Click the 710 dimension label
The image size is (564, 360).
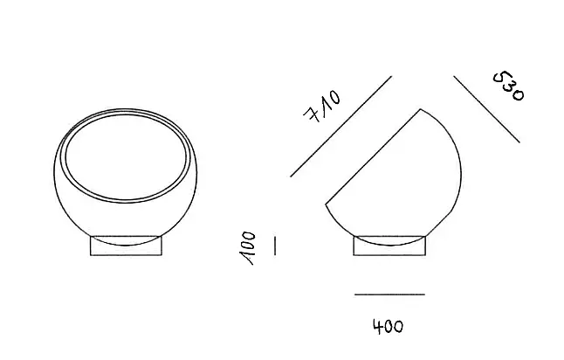(322, 107)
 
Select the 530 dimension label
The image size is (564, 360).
(509, 87)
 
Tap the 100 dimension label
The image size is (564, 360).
(247, 248)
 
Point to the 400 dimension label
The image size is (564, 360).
(389, 327)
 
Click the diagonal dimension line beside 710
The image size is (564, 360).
(341, 127)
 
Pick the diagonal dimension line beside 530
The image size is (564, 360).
(486, 109)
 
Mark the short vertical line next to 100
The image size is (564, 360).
(275, 246)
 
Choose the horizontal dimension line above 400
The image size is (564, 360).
(389, 294)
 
